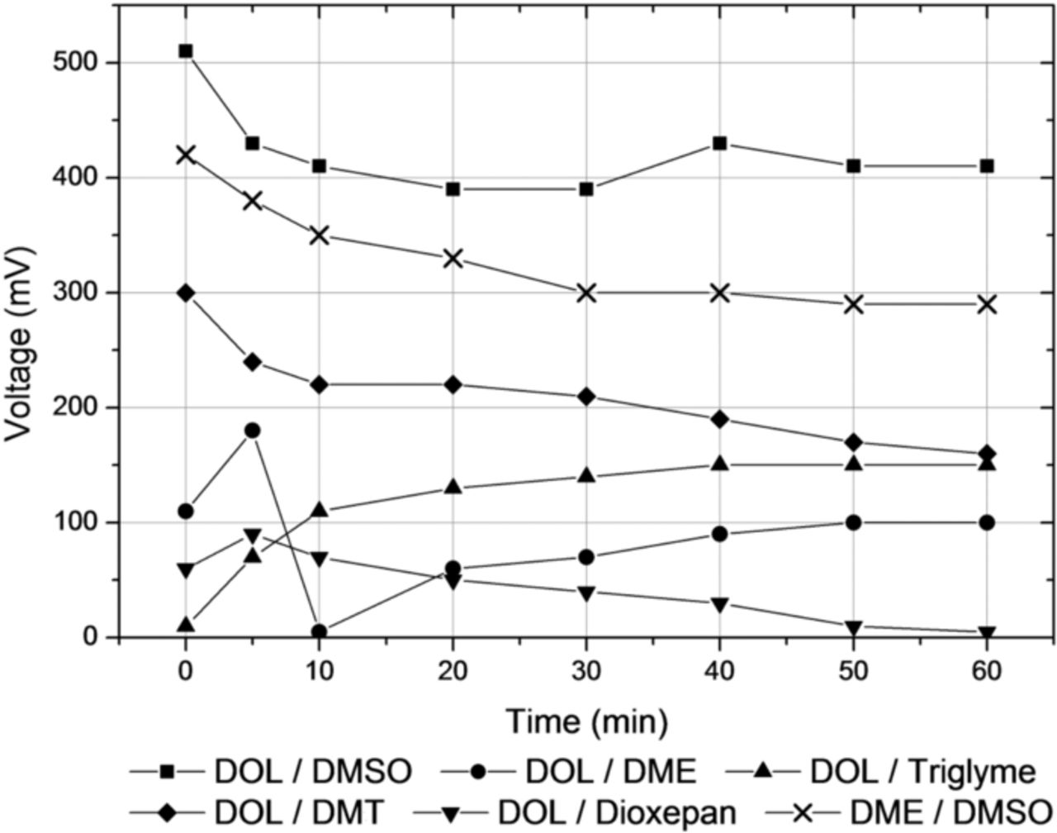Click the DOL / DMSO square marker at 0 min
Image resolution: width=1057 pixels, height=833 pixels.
tap(186, 51)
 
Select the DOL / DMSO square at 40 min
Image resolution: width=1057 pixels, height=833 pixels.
tap(719, 143)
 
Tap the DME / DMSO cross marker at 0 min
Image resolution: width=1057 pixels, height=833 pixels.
tap(186, 155)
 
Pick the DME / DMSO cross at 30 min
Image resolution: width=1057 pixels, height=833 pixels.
tap(586, 293)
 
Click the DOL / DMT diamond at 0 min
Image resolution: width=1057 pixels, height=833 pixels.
tap(186, 293)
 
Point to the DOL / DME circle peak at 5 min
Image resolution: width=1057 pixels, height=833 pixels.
tap(253, 431)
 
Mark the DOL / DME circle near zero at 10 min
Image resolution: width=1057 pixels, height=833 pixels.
tap(320, 632)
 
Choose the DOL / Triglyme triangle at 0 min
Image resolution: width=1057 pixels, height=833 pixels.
tap(186, 625)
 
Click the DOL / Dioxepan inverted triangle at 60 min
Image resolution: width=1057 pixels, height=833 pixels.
tap(986, 633)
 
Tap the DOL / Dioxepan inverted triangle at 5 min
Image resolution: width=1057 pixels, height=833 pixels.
tap(253, 535)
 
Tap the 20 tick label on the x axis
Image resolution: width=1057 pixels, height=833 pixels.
tap(453, 670)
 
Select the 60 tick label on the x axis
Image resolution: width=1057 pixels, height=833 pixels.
tap(986, 670)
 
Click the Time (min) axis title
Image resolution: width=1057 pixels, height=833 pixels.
tap(585, 721)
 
